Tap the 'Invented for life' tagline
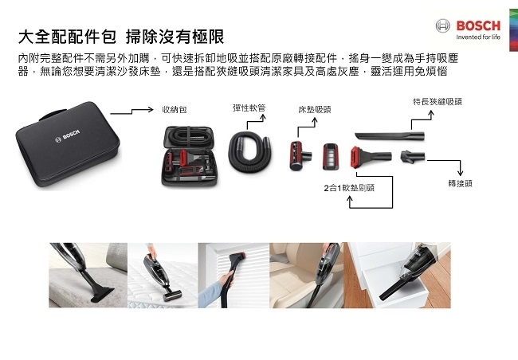(477, 37)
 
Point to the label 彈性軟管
(249, 107)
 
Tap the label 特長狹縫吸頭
(438, 102)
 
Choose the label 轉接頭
(461, 182)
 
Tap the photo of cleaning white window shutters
(233, 275)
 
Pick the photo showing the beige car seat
(307, 275)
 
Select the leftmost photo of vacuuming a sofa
(82, 275)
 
